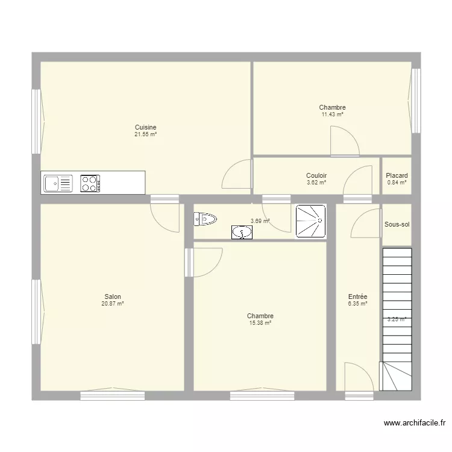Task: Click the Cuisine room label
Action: pyautogui.click(x=146, y=127)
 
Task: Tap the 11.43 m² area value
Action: pyautogui.click(x=332, y=115)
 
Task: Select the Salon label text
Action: pyautogui.click(x=113, y=297)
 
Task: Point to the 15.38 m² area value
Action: pyautogui.click(x=260, y=323)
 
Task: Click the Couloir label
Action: pyautogui.click(x=316, y=175)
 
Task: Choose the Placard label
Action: pyautogui.click(x=397, y=175)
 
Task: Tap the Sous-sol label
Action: pyautogui.click(x=397, y=225)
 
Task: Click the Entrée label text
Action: pyautogui.click(x=357, y=297)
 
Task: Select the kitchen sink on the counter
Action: pyautogui.click(x=58, y=183)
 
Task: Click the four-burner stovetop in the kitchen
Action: pyautogui.click(x=90, y=183)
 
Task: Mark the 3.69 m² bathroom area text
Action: pyautogui.click(x=260, y=221)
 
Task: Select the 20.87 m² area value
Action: pyautogui.click(x=113, y=304)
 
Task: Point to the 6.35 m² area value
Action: pyautogui.click(x=357, y=304)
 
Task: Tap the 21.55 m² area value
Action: pyautogui.click(x=146, y=134)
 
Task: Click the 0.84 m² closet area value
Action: pyautogui.click(x=397, y=183)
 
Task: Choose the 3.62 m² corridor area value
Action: pyautogui.click(x=316, y=183)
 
